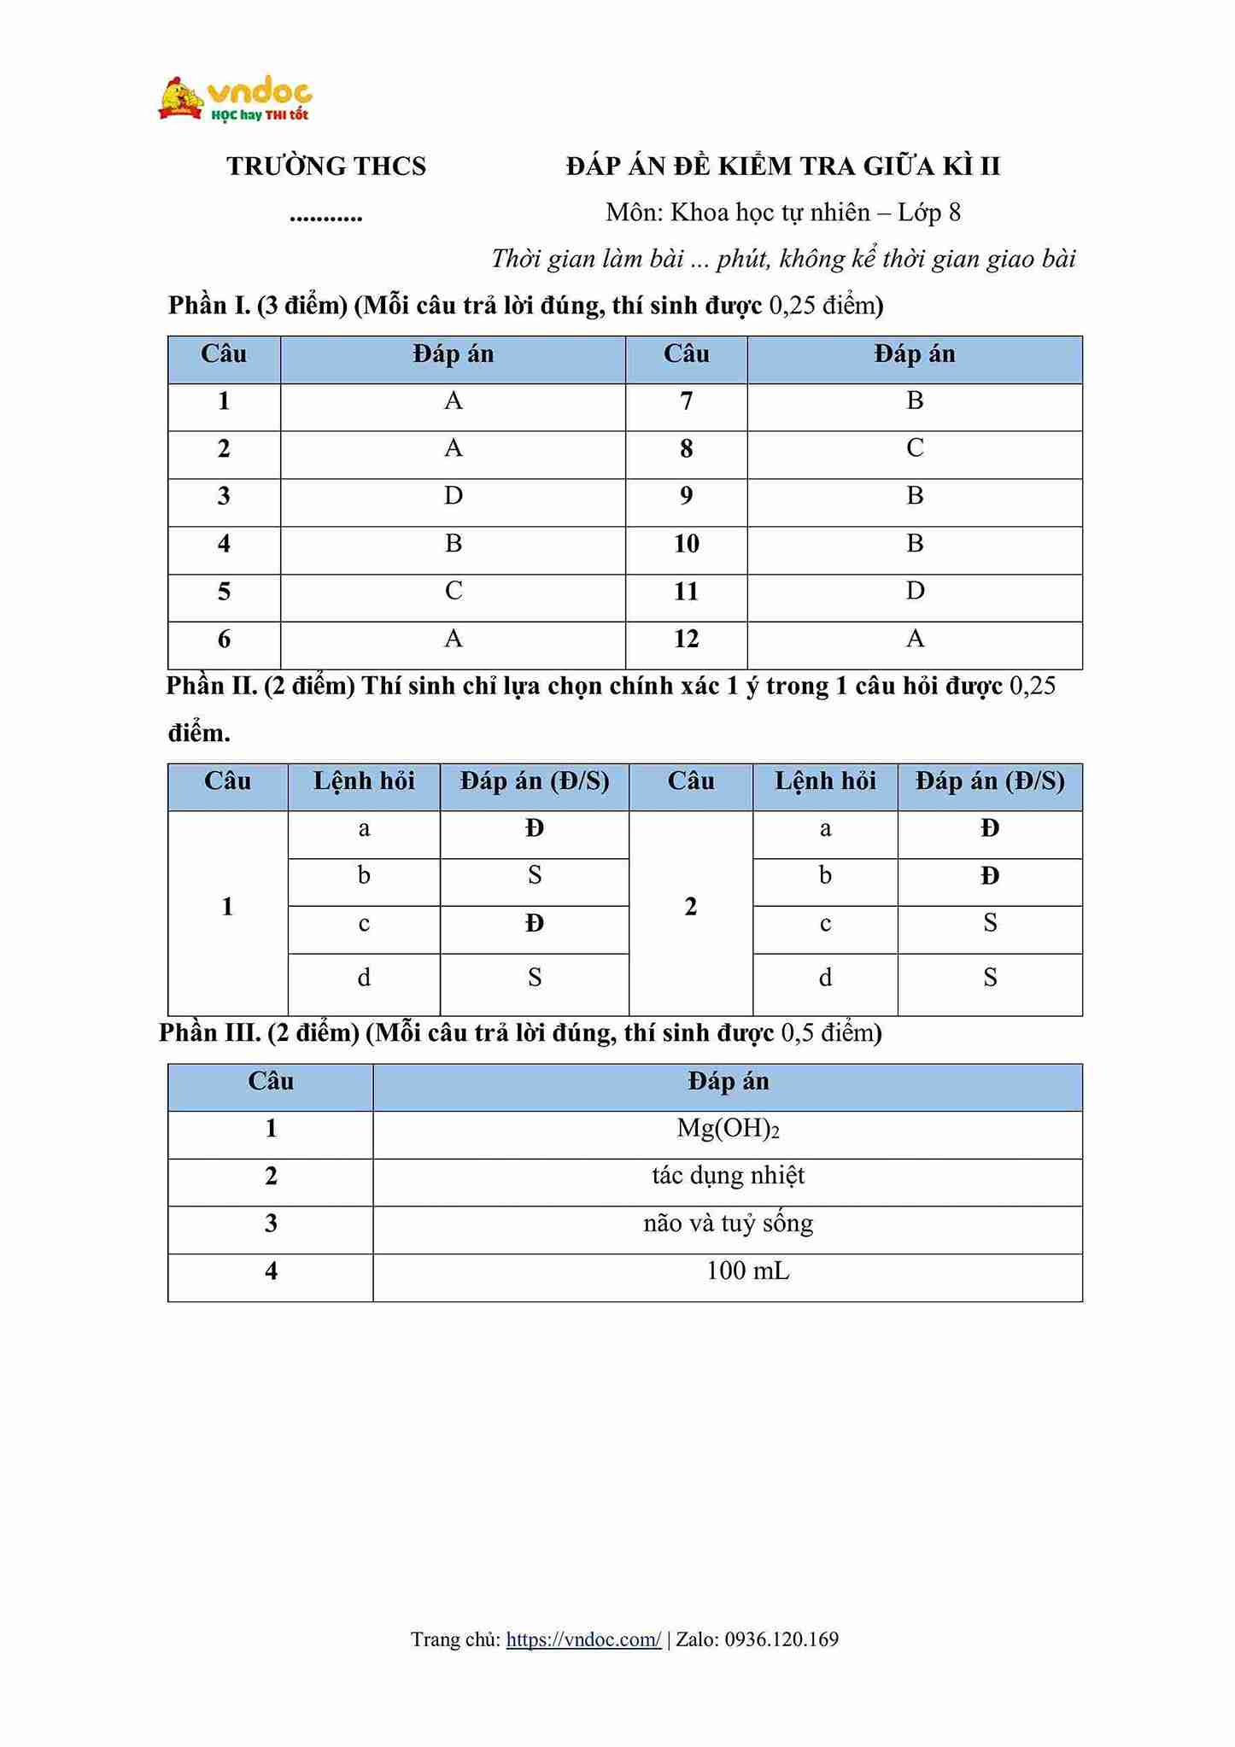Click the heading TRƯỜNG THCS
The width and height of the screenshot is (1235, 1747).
pyautogui.click(x=326, y=167)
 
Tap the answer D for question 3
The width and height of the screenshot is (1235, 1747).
pyautogui.click(x=454, y=496)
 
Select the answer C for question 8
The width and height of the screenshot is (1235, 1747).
pyautogui.click(x=915, y=448)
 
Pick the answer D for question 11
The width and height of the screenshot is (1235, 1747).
pyautogui.click(x=915, y=591)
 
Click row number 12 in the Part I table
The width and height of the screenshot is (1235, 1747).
pyautogui.click(x=687, y=639)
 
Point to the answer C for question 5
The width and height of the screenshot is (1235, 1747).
pyautogui.click(x=454, y=591)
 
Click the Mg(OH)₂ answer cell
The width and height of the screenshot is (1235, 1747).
pyautogui.click(x=728, y=1130)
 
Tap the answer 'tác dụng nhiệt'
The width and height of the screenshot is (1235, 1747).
pyautogui.click(x=728, y=1177)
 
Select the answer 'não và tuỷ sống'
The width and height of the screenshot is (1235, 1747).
pyautogui.click(x=728, y=1224)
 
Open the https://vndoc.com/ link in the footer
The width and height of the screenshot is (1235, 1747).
pyautogui.click(x=583, y=1639)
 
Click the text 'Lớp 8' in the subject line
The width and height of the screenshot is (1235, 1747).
pyautogui.click(x=929, y=213)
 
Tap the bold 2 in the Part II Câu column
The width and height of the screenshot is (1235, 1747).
pyautogui.click(x=691, y=907)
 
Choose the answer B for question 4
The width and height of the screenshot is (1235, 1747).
pyautogui.click(x=454, y=544)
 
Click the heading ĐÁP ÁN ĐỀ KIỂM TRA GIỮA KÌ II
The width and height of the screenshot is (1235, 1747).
pyautogui.click(x=782, y=167)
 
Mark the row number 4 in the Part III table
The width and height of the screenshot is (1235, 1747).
pyautogui.click(x=271, y=1272)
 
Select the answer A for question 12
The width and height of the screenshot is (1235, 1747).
pyautogui.click(x=915, y=639)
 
